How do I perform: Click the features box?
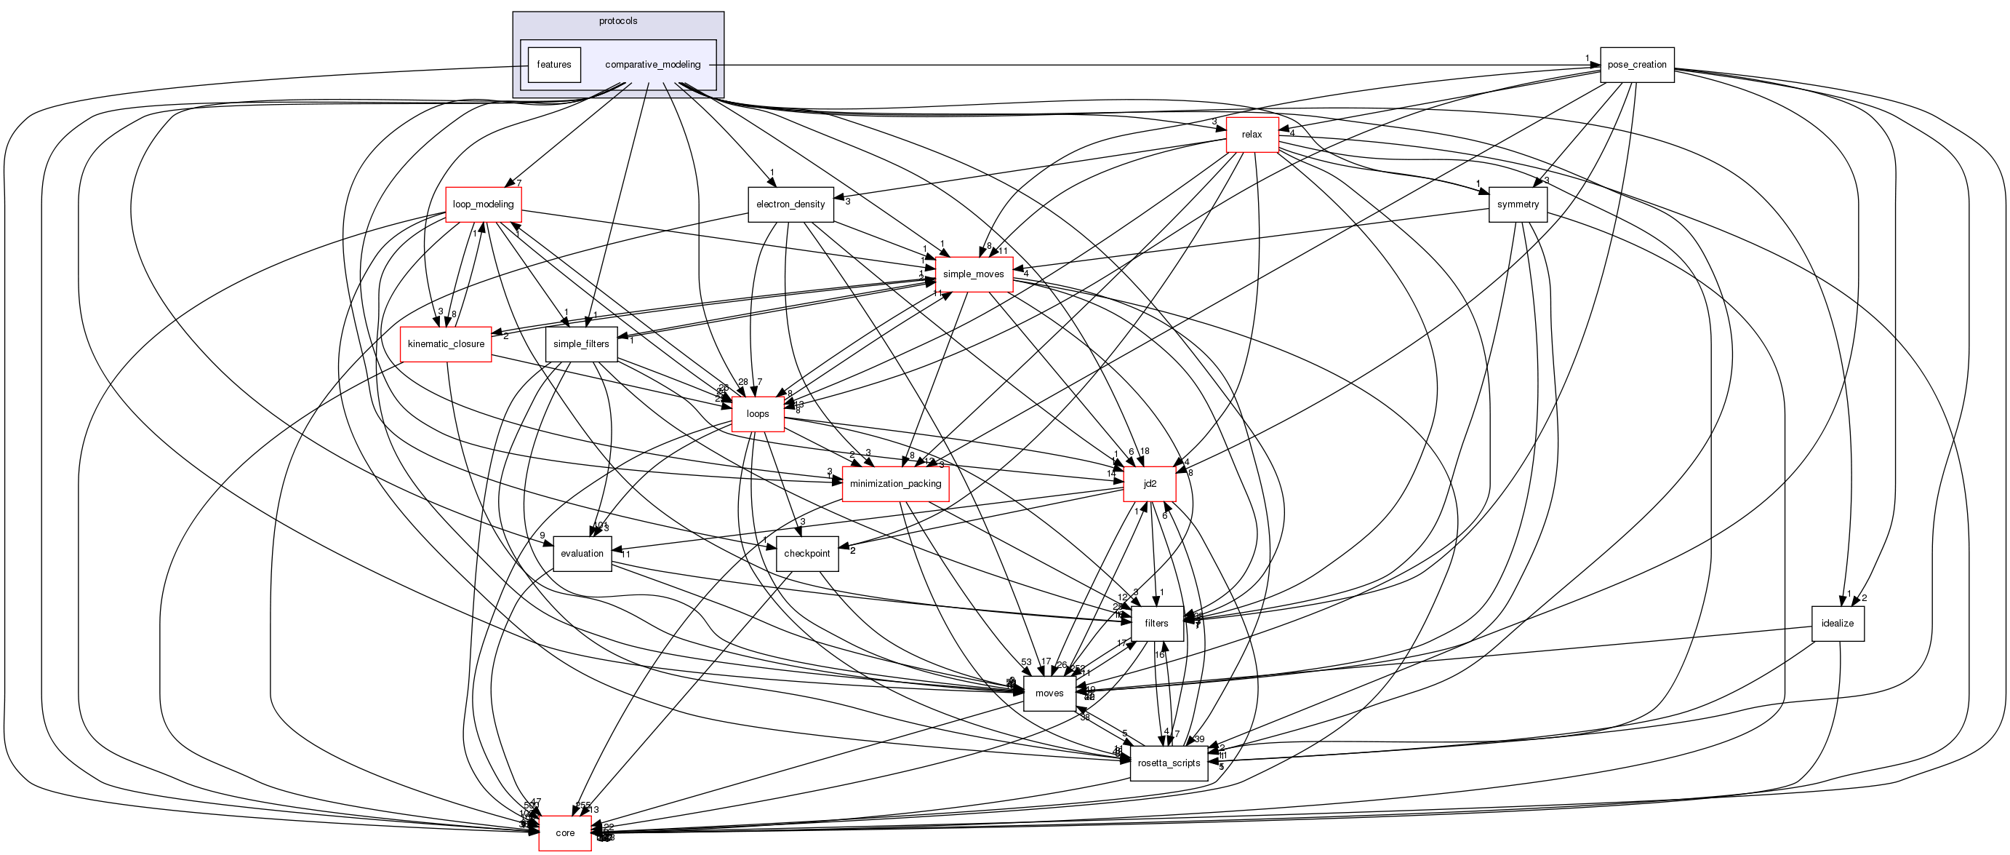click(x=554, y=65)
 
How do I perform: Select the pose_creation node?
click(x=1636, y=65)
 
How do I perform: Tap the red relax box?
click(x=1252, y=135)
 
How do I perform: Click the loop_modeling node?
click(x=483, y=204)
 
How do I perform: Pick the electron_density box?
click(x=790, y=204)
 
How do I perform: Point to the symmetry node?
click(x=1518, y=204)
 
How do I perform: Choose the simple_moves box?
click(x=973, y=274)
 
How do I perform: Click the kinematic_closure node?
click(x=446, y=344)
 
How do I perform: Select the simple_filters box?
click(x=581, y=344)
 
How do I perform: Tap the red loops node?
click(x=758, y=414)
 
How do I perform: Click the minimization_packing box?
click(x=895, y=484)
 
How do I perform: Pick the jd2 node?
click(x=1150, y=484)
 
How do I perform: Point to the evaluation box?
click(x=582, y=554)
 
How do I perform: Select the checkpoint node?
click(x=806, y=554)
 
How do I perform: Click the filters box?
click(x=1156, y=623)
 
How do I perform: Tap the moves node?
click(x=1049, y=693)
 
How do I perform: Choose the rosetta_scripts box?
click(x=1168, y=763)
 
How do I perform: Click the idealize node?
click(x=1837, y=623)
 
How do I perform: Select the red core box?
click(x=565, y=833)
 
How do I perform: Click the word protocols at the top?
click(x=618, y=21)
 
